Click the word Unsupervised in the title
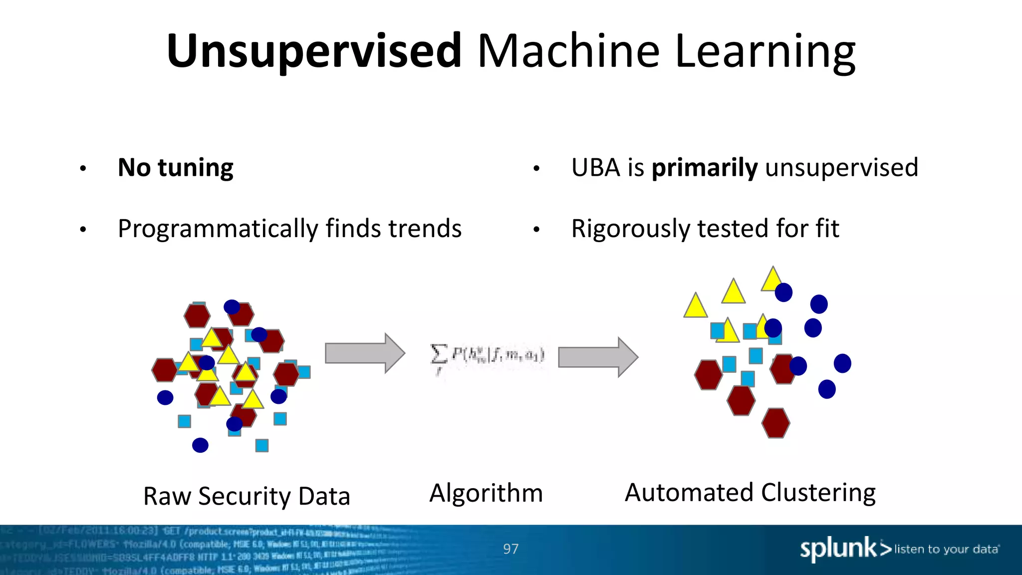pos(314,51)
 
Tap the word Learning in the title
pos(765,52)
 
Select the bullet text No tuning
pos(175,168)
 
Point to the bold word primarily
pos(705,168)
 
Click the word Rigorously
pos(630,229)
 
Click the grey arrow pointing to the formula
pos(364,353)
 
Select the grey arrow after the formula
pos(598,357)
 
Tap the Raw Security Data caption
pos(247,496)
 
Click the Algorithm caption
pos(486,493)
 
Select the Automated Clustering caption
pos(750,493)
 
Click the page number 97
pos(511,549)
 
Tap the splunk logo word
pos(838,549)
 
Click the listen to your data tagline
pos(946,550)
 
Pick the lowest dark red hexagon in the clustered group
pos(775,423)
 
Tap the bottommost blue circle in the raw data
pos(200,445)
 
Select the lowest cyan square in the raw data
pos(262,445)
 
